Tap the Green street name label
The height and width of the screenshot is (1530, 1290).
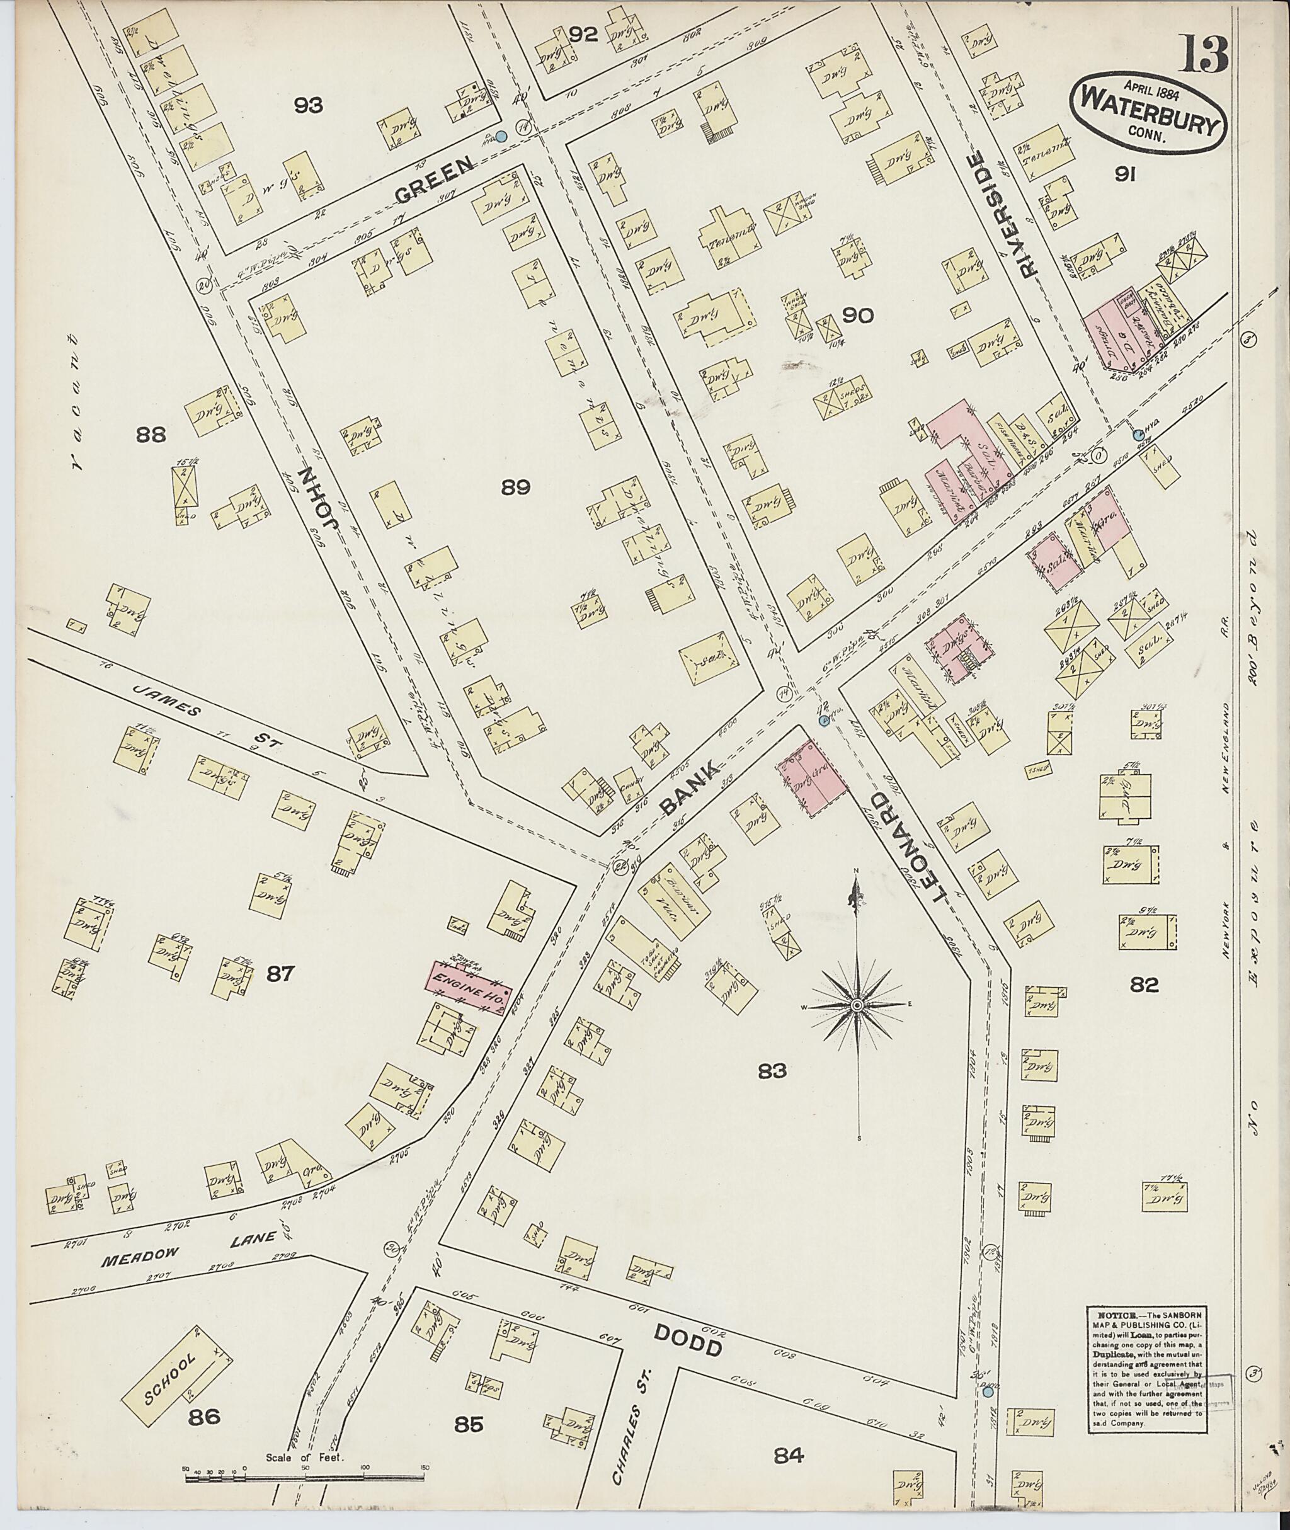[x=435, y=182]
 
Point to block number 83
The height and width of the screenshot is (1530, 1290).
[x=772, y=1071]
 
